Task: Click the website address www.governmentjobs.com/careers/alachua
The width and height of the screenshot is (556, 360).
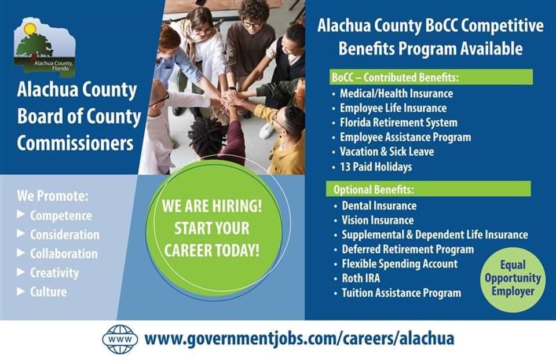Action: coord(299,339)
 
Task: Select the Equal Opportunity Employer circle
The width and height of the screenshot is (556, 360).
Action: coord(513,278)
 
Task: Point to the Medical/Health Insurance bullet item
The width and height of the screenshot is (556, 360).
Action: coord(396,93)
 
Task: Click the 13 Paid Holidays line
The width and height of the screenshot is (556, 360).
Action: coord(376,167)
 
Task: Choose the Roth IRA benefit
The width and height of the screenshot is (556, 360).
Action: coord(361,278)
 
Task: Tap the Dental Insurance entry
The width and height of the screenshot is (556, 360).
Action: coord(379,205)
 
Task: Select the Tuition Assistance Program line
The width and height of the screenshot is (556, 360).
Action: coord(401,293)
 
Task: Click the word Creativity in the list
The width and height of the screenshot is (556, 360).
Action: coord(54,273)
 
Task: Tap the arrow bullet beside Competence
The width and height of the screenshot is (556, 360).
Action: coord(21,215)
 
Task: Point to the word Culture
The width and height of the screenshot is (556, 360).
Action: coord(49,292)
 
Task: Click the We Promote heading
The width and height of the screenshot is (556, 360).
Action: coord(53,196)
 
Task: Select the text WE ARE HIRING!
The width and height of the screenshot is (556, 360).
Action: coord(211,207)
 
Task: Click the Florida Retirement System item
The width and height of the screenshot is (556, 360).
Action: coord(398,123)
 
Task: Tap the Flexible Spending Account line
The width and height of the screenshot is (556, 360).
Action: coord(400,264)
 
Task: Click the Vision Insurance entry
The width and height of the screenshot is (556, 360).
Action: coord(378,220)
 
